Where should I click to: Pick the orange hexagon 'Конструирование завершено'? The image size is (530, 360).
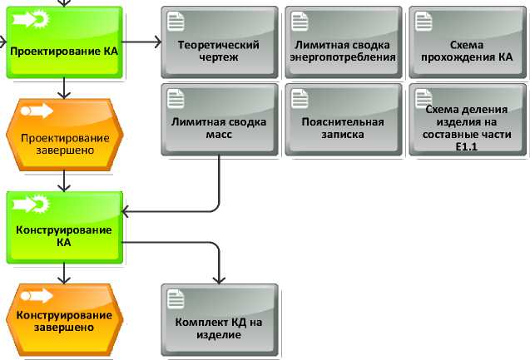(x=64, y=319)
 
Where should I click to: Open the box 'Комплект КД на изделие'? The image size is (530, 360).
(x=219, y=319)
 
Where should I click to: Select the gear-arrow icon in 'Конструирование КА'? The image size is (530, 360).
(x=27, y=203)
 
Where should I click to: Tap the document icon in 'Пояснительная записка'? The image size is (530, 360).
(x=300, y=97)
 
